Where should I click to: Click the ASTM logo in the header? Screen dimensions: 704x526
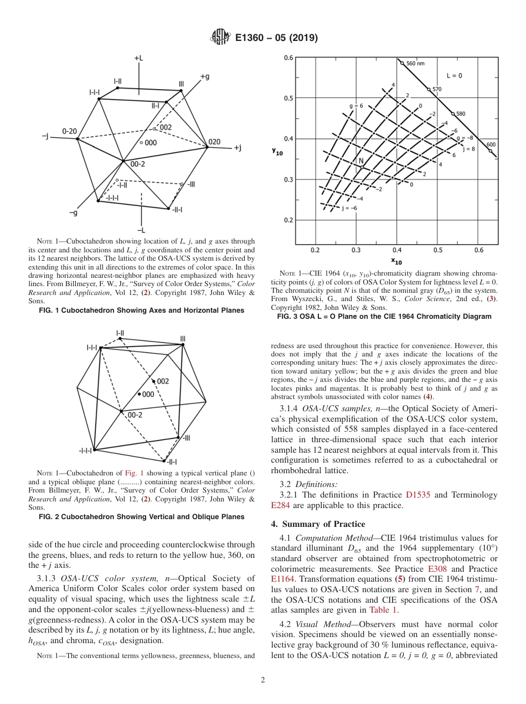coord(220,38)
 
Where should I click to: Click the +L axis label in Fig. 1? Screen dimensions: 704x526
coord(139,58)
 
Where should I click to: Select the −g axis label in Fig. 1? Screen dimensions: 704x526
coord(73,213)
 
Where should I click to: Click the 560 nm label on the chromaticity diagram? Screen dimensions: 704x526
coord(415,63)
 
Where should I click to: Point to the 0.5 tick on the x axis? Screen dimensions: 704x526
coord(437,250)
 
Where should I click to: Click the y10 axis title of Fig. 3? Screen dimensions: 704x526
coord(279,151)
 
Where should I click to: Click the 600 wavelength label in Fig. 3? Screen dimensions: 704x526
coord(491,144)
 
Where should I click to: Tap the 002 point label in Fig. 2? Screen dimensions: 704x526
coord(162,381)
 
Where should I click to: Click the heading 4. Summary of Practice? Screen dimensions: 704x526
coord(318,524)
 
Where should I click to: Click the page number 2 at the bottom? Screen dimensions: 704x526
coord(263,680)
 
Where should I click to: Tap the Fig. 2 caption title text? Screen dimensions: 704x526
coord(141,516)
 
